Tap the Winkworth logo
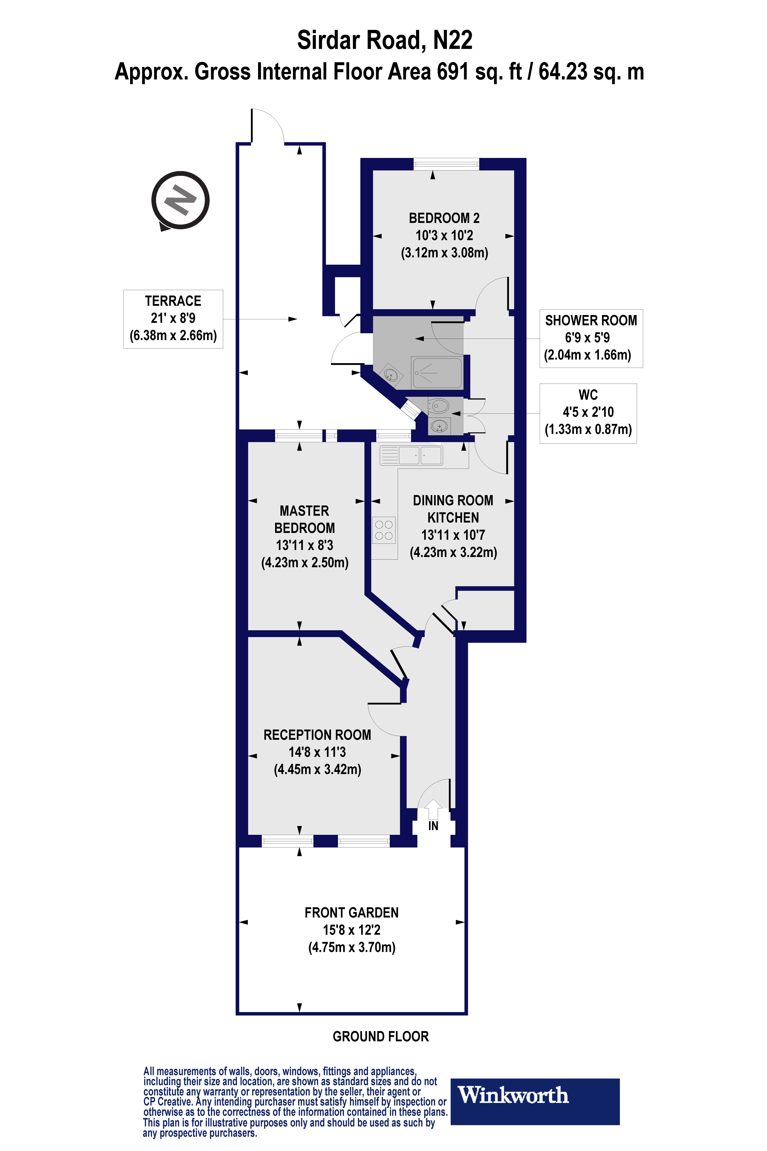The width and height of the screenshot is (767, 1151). [535, 1101]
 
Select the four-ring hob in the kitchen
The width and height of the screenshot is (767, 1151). [384, 530]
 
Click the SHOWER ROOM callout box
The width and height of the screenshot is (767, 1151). [591, 338]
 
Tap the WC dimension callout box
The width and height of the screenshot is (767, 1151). [588, 414]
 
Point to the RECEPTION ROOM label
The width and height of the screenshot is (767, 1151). [317, 735]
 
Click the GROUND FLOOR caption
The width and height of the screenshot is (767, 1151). [380, 1036]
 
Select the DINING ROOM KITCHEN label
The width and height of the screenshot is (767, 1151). [453, 509]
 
